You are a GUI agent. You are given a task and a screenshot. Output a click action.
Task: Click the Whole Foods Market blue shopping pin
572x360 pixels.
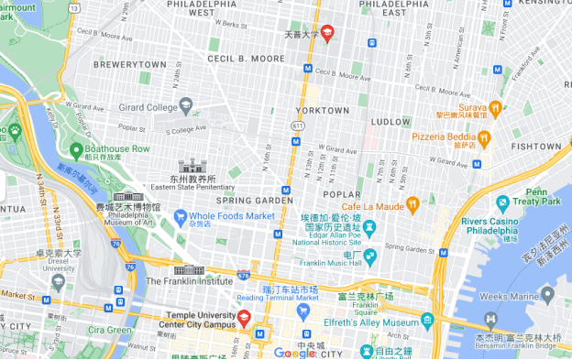181,216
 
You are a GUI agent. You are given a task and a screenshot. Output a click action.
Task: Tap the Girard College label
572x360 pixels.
148,107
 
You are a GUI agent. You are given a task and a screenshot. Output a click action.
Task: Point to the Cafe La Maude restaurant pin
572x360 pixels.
412,203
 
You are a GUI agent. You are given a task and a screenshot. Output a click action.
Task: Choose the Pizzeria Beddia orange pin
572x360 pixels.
485,136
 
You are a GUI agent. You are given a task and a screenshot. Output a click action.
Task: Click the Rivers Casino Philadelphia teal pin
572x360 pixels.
502,202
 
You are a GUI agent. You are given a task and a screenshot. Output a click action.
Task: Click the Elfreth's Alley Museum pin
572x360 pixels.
427,321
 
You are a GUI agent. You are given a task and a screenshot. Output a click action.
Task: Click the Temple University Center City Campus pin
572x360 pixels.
244,318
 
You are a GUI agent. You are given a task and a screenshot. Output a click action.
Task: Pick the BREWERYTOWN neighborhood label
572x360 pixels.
129,65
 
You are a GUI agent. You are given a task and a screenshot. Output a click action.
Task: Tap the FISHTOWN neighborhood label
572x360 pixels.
536,146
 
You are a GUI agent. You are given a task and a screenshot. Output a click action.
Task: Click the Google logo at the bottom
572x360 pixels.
294,353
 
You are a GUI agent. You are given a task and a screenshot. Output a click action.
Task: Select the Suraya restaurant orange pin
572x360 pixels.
496,107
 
